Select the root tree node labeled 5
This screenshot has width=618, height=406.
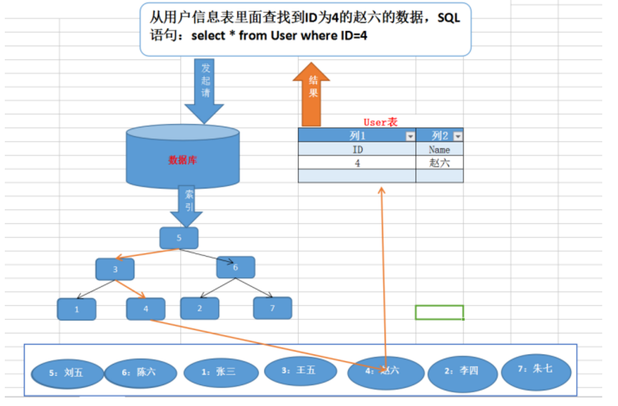point(179,238)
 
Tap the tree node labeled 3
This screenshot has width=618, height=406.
point(115,269)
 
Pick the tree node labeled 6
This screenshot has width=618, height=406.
point(235,267)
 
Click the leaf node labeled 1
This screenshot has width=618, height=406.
point(77,309)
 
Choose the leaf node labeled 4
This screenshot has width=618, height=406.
point(146,309)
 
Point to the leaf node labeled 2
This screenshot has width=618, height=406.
point(200,308)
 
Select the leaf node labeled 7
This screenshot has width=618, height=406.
point(273,307)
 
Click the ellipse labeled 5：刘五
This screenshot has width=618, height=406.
point(67,373)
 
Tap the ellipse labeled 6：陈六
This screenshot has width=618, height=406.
point(140,372)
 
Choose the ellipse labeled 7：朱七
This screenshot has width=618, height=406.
point(536,369)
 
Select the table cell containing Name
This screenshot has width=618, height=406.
point(439,149)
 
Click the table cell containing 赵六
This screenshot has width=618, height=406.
point(439,162)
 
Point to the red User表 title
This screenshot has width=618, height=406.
point(380,122)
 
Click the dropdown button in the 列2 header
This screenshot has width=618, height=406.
point(457,136)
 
